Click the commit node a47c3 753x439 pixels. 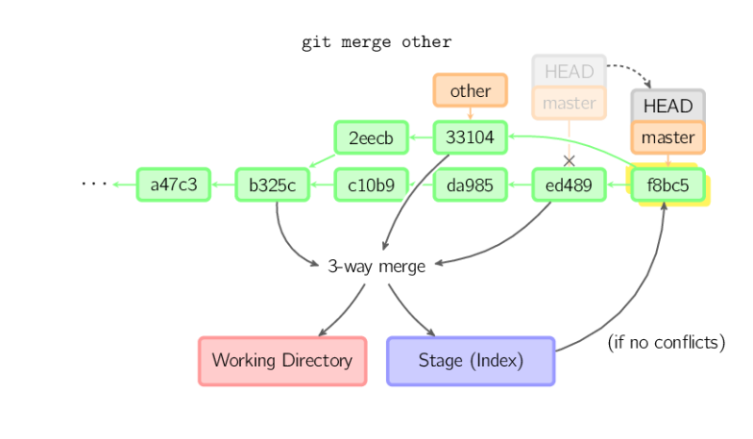click(173, 185)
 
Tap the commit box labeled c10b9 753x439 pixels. click(371, 185)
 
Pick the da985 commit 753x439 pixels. click(470, 185)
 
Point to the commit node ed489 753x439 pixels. click(569, 185)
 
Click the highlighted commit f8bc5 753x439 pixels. click(668, 185)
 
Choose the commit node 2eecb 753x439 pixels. click(371, 138)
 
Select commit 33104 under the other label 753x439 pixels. click(470, 138)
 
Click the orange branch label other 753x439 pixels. click(470, 90)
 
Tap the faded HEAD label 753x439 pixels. click(569, 71)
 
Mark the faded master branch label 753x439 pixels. click(569, 103)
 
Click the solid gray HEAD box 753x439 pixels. click(668, 106)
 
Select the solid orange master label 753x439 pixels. click(668, 138)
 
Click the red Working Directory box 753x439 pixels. click(281, 360)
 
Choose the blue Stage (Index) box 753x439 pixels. click(471, 360)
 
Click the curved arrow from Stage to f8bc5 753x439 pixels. click(640, 301)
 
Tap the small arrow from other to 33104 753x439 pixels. click(470, 114)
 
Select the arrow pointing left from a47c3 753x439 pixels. click(123, 185)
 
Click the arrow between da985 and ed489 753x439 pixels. click(520, 185)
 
